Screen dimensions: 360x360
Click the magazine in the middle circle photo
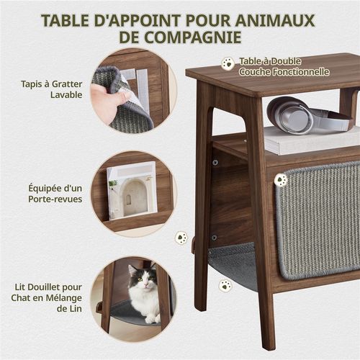click(132, 190)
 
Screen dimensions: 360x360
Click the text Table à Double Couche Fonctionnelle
click(284, 66)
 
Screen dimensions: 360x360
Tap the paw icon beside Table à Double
click(228, 63)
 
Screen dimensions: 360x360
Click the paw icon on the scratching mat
click(281, 179)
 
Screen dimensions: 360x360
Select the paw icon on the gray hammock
click(226, 285)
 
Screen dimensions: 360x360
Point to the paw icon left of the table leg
click(181, 238)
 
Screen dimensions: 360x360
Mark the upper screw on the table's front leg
click(215, 162)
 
